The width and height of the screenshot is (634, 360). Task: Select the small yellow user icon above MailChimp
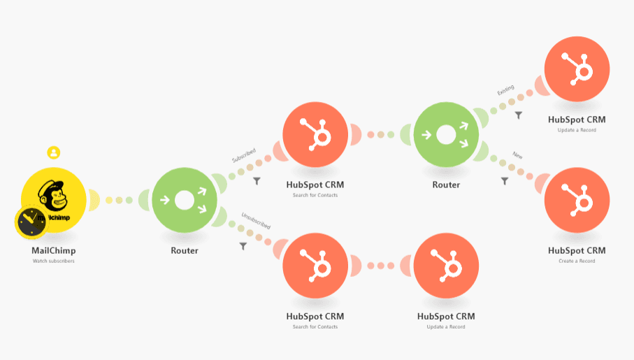pyautogui.click(x=54, y=152)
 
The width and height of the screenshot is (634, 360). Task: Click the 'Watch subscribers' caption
pyautogui.click(x=54, y=261)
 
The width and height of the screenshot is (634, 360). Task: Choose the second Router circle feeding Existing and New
pyautogui.click(x=446, y=134)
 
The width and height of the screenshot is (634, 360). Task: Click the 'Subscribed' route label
pyautogui.click(x=243, y=154)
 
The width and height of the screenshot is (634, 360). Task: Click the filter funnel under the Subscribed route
pyautogui.click(x=257, y=181)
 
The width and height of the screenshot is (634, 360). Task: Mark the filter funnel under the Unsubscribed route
pyautogui.click(x=243, y=246)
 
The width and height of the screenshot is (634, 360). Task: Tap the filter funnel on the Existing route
pyautogui.click(x=518, y=115)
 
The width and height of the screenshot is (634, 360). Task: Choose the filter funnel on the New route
pyautogui.click(x=505, y=181)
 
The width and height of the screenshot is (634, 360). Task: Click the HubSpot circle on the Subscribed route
pyautogui.click(x=315, y=134)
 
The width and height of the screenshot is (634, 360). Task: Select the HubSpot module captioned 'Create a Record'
pyautogui.click(x=577, y=200)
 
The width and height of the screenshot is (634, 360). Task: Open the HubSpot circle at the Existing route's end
pyautogui.click(x=577, y=69)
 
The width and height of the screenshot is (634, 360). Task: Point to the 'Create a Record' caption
pyautogui.click(x=577, y=261)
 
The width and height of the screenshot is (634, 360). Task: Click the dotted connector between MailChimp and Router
pyautogui.click(x=119, y=201)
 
